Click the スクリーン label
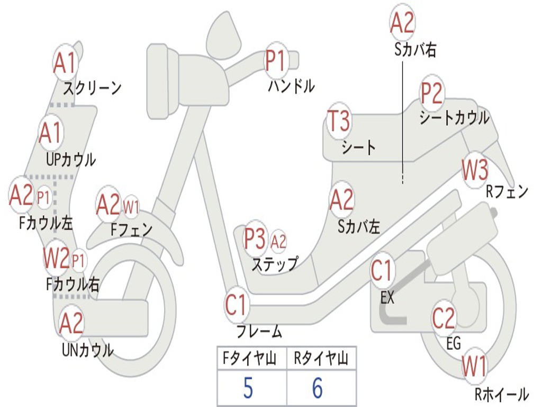[92, 87]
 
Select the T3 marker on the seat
[338, 122]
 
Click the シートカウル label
[454, 118]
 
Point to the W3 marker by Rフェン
[474, 170]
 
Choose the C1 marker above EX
[382, 271]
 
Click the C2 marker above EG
[444, 318]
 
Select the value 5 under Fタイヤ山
[248, 388]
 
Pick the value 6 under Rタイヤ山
[317, 388]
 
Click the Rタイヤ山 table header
[321, 360]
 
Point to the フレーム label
[259, 332]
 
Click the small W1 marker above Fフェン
[131, 207]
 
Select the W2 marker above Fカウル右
[56, 259]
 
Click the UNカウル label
[87, 350]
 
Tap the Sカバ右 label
[415, 50]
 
